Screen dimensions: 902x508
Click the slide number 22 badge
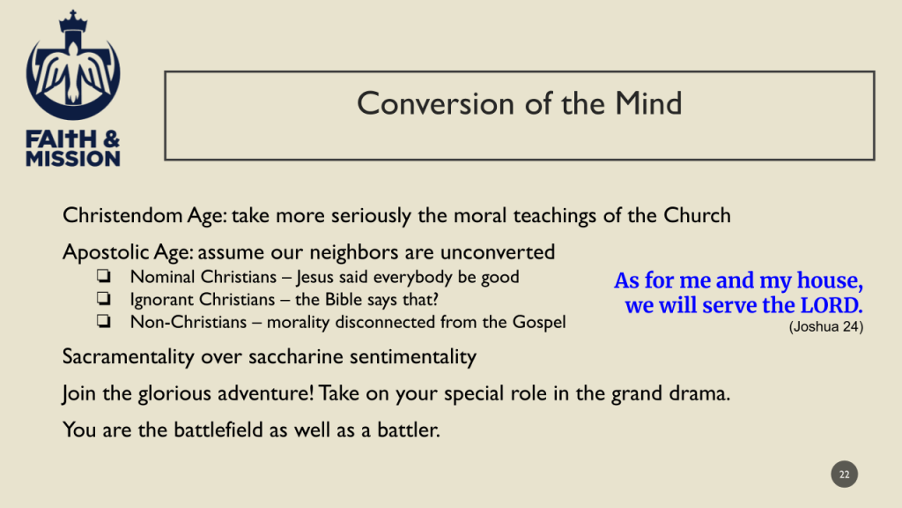click(x=844, y=474)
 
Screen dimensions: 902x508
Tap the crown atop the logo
click(x=73, y=21)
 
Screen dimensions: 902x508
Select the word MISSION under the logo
click(x=73, y=159)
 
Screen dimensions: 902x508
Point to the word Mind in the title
click(x=648, y=104)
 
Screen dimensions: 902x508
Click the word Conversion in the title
click(x=435, y=104)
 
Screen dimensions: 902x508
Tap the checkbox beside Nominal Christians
click(x=104, y=276)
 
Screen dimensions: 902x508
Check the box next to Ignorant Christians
click(x=104, y=298)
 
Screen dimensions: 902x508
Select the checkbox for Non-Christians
click(x=104, y=321)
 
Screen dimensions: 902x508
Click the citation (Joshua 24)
click(x=826, y=326)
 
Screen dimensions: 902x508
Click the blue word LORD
click(x=832, y=305)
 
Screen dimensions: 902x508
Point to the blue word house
click(x=829, y=280)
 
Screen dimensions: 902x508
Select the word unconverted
click(x=498, y=252)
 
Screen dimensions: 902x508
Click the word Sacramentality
click(x=129, y=357)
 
